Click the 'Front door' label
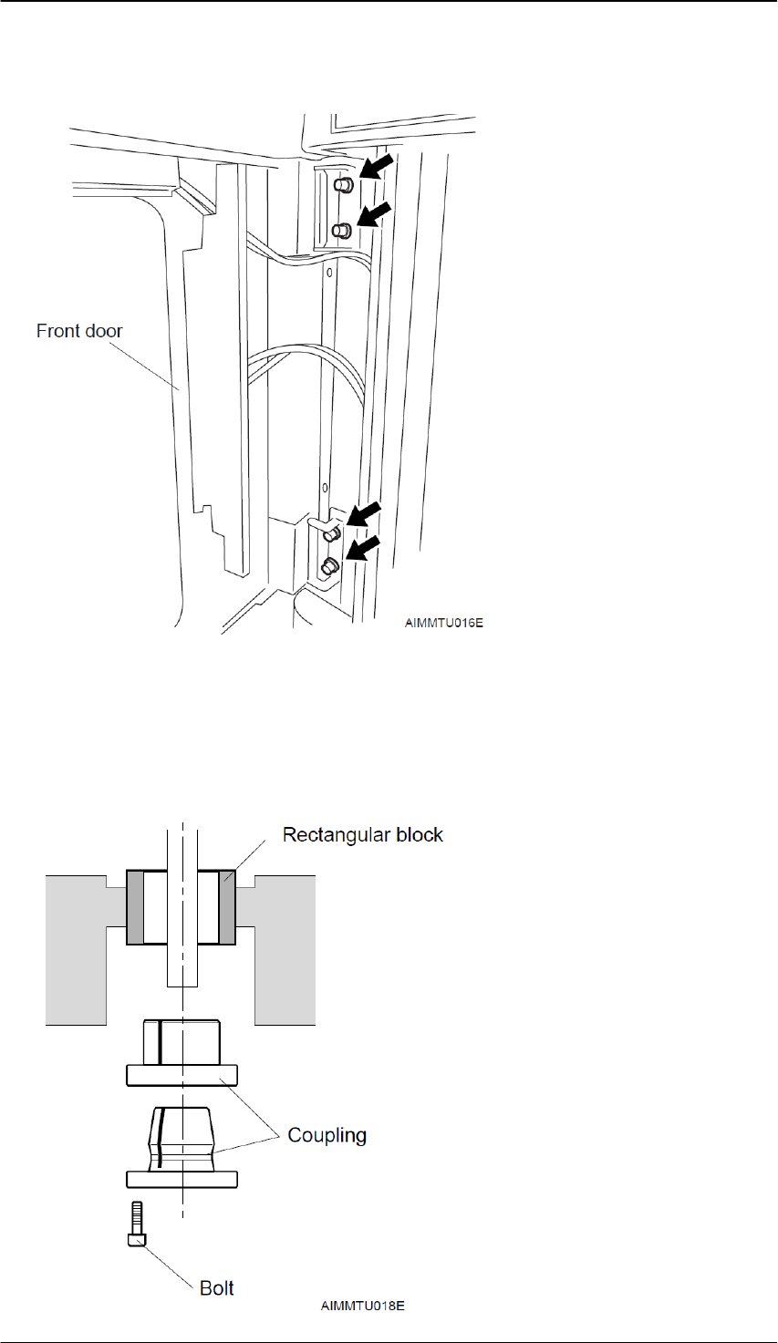pos(79,331)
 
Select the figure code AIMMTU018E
pos(362,1306)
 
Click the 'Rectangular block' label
pos(362,835)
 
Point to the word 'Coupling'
pos(327,1135)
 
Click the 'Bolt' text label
pos(217,1287)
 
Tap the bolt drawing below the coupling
pos(136,1223)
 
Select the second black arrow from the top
pos(375,217)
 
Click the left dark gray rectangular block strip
pos(135,907)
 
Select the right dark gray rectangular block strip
pos(227,907)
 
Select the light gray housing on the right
pos(285,948)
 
